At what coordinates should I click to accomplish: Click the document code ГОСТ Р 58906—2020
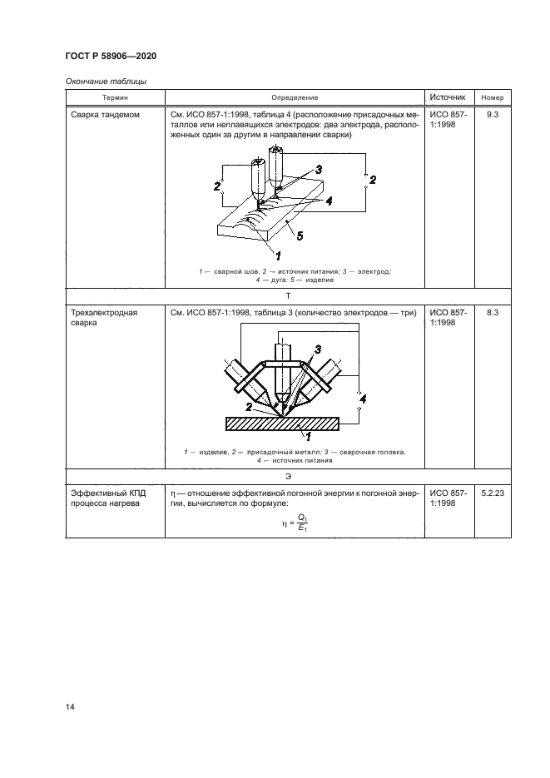click(109, 56)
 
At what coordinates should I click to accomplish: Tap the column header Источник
click(450, 97)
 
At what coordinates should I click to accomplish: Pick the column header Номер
click(493, 97)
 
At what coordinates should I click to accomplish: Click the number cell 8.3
click(493, 313)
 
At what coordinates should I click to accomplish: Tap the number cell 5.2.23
click(493, 493)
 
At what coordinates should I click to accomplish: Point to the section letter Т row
click(288, 295)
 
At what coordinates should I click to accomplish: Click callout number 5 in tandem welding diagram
click(299, 235)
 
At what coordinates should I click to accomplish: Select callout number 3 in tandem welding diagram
click(319, 169)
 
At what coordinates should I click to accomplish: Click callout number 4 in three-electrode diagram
click(360, 400)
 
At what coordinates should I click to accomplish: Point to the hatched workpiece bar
click(283, 424)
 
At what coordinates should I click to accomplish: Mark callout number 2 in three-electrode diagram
click(249, 406)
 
